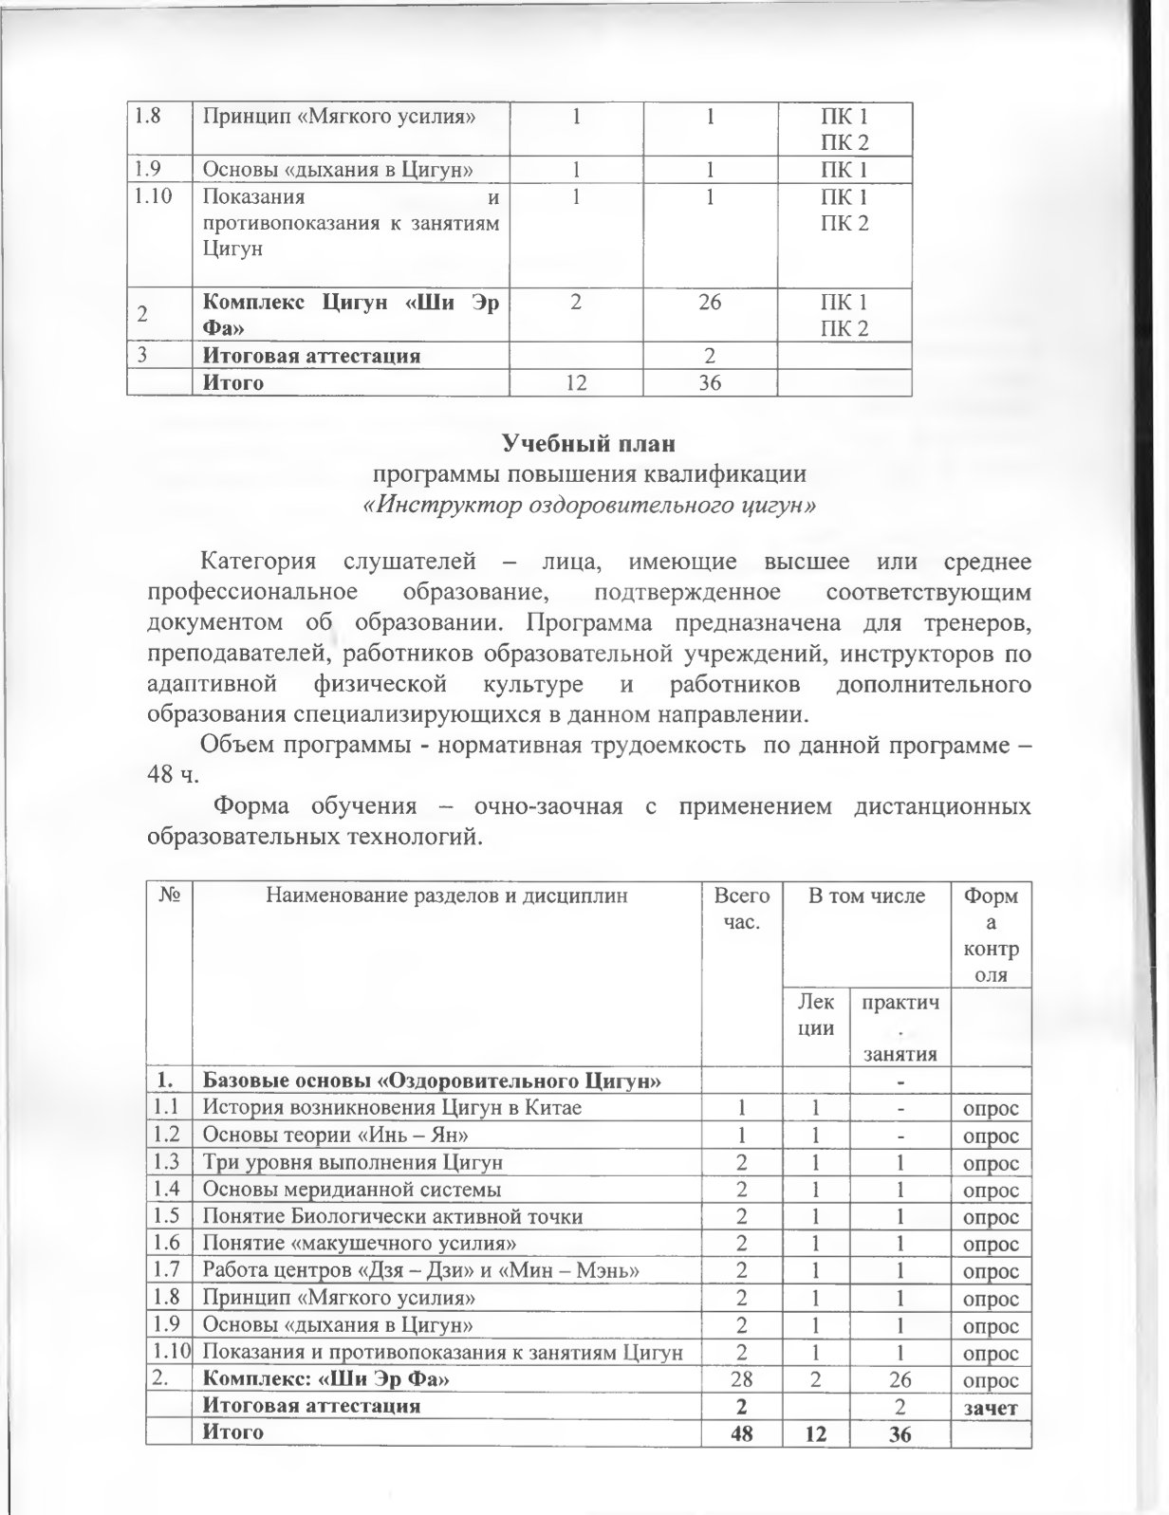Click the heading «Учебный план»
pos(587,443)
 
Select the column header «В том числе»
pos(865,896)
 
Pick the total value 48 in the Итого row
pos(741,1432)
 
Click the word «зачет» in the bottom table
pos(991,1408)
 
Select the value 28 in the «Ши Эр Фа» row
pos(741,1379)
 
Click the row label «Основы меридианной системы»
pos(352,1190)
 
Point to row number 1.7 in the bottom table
pos(168,1271)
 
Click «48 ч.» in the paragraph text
pos(172,774)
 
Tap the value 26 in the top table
pos(709,303)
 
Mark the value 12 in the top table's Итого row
pos(574,383)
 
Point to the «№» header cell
pos(170,896)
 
